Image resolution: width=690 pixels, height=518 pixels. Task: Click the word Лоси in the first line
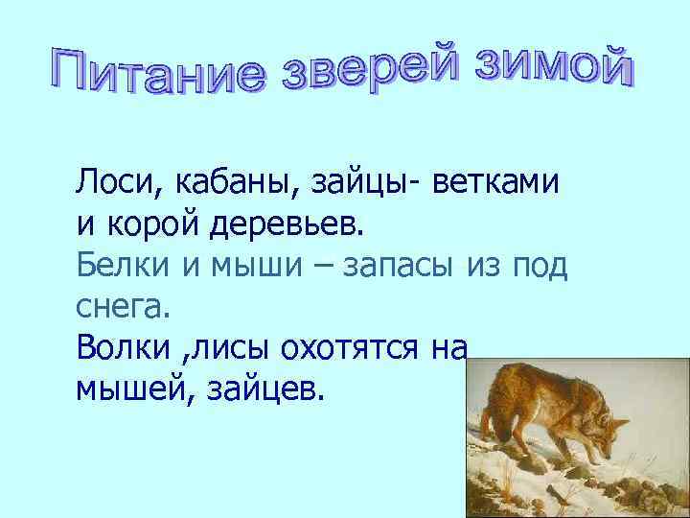point(108,180)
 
